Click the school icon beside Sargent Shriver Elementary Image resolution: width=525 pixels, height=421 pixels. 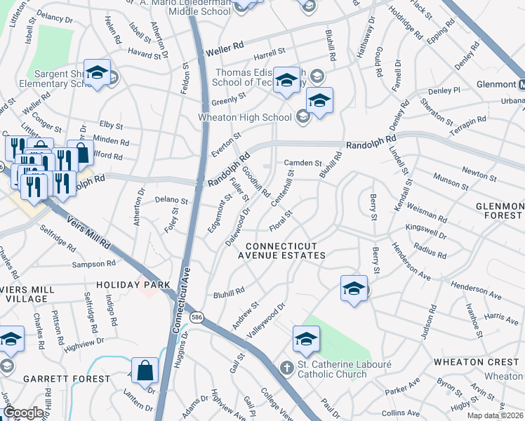tap(98, 72)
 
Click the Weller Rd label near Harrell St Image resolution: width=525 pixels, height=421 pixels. tap(225, 48)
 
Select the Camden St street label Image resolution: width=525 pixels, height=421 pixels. tap(303, 163)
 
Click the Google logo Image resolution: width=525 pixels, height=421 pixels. tap(22, 413)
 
